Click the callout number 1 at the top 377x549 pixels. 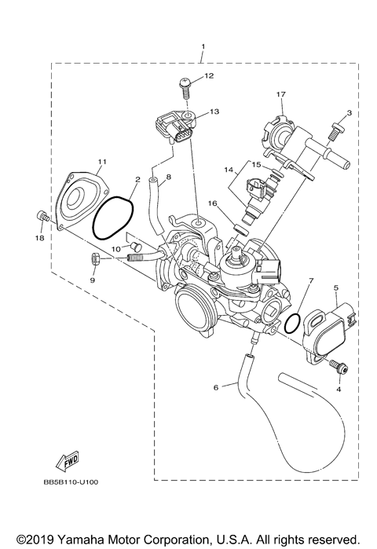[x=203, y=47]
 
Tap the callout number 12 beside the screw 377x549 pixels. [x=208, y=76]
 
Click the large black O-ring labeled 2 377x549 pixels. [x=113, y=217]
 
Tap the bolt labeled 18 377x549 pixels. [x=43, y=217]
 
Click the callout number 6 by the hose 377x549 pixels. [x=215, y=386]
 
